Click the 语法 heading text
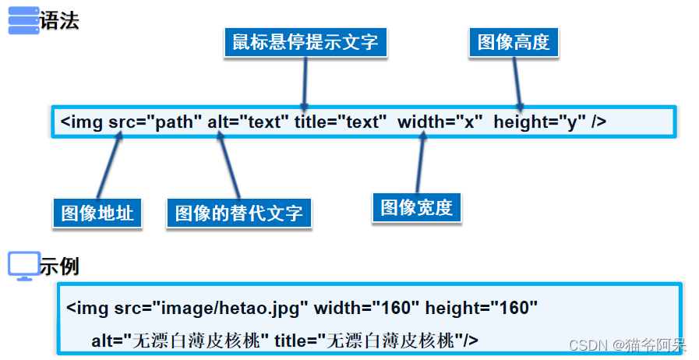(59, 19)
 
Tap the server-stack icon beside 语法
(23, 20)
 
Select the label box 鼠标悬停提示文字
(305, 41)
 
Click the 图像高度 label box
(514, 41)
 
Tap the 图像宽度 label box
(416, 207)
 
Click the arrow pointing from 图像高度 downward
(516, 82)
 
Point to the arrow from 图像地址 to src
(110, 166)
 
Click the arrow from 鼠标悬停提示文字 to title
(304, 82)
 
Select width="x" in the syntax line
(440, 122)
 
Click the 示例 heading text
(59, 266)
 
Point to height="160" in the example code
(482, 308)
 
